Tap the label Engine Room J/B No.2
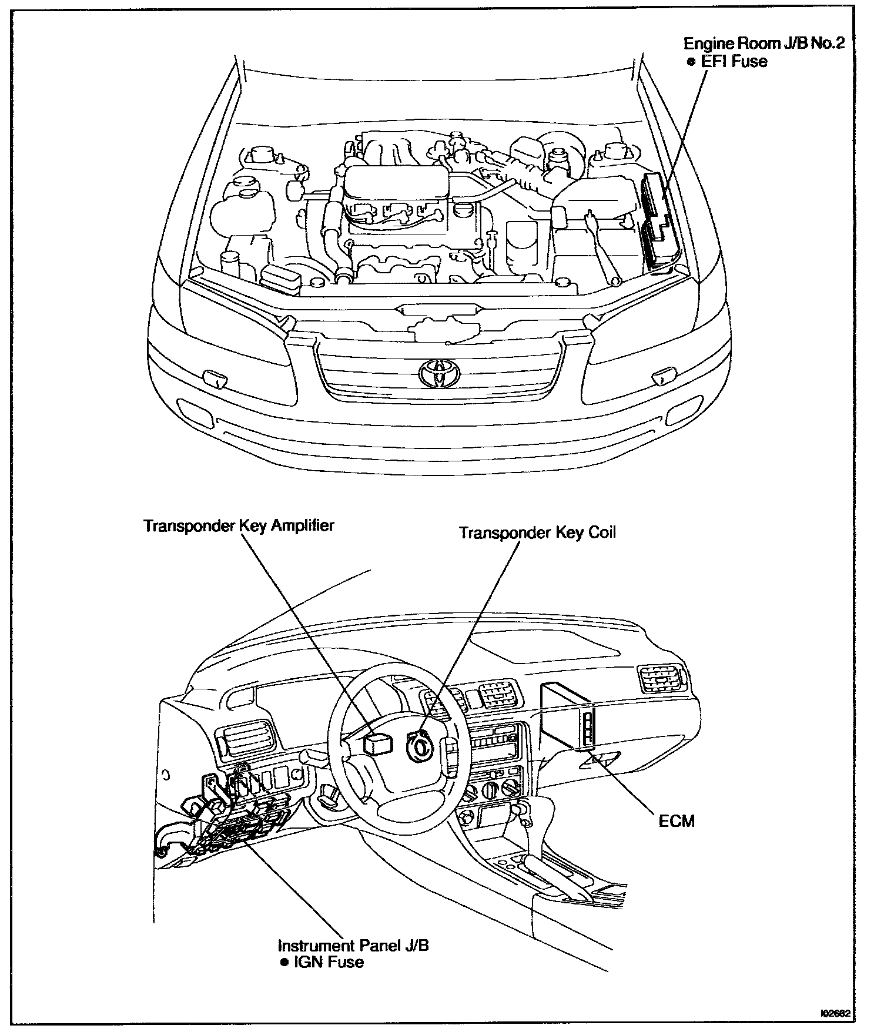[x=764, y=43]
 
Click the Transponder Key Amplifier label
[x=239, y=525]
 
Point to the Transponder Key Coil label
[x=537, y=532]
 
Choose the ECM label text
[x=677, y=820]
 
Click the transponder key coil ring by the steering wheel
[x=421, y=745]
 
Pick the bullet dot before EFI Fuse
[x=691, y=62]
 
